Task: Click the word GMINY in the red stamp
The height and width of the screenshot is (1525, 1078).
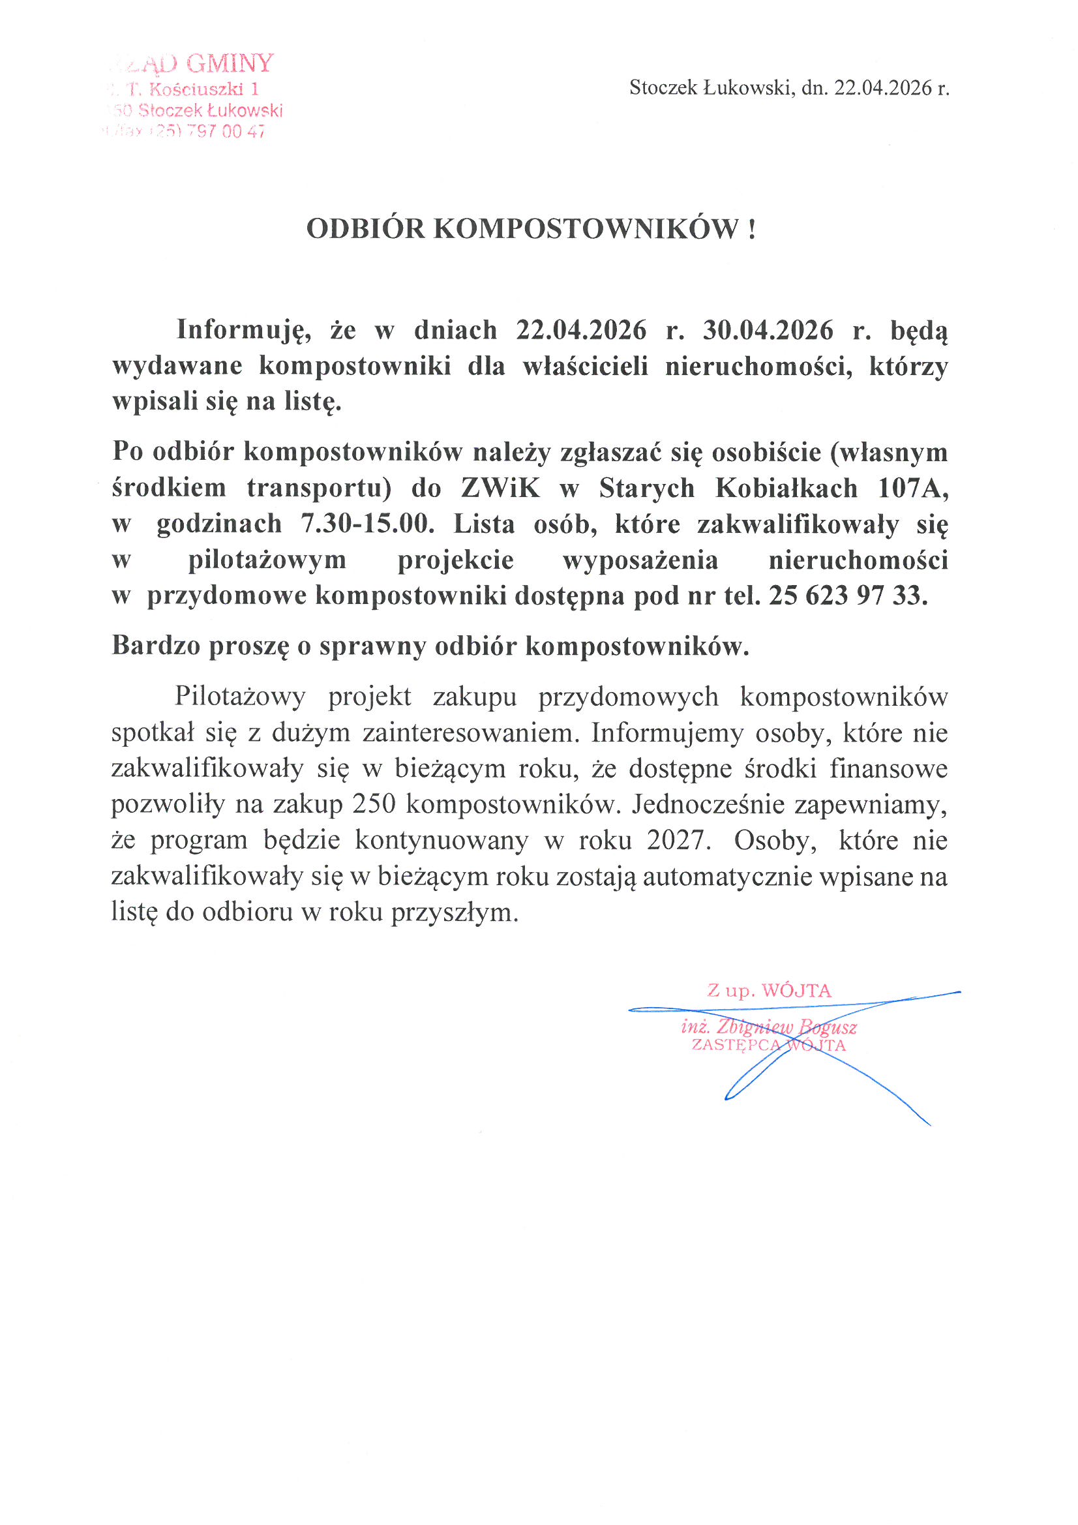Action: (x=230, y=64)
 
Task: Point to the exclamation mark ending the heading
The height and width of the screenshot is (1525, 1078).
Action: (x=751, y=229)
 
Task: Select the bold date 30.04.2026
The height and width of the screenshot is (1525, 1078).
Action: (x=768, y=330)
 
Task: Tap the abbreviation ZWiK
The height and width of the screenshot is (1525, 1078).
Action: (x=500, y=488)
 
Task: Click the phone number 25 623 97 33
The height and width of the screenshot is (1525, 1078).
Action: (x=847, y=596)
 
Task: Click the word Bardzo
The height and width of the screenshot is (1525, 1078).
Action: (x=155, y=646)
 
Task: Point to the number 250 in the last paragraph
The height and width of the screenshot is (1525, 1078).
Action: (x=374, y=804)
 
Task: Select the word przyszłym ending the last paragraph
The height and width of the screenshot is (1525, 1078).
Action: (x=454, y=913)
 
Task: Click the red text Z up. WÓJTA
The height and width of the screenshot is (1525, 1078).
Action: (x=768, y=991)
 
